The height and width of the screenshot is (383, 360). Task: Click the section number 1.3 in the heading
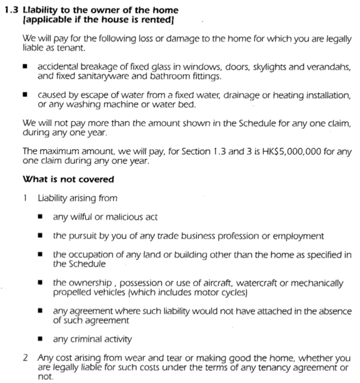coord(12,10)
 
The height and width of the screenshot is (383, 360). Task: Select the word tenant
coord(70,48)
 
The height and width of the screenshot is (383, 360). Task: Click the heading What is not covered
coord(68,180)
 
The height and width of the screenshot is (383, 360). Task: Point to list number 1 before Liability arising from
coord(25,198)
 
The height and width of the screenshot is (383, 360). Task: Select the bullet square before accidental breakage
coord(24,68)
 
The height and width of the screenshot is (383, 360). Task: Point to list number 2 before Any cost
coord(25,358)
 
